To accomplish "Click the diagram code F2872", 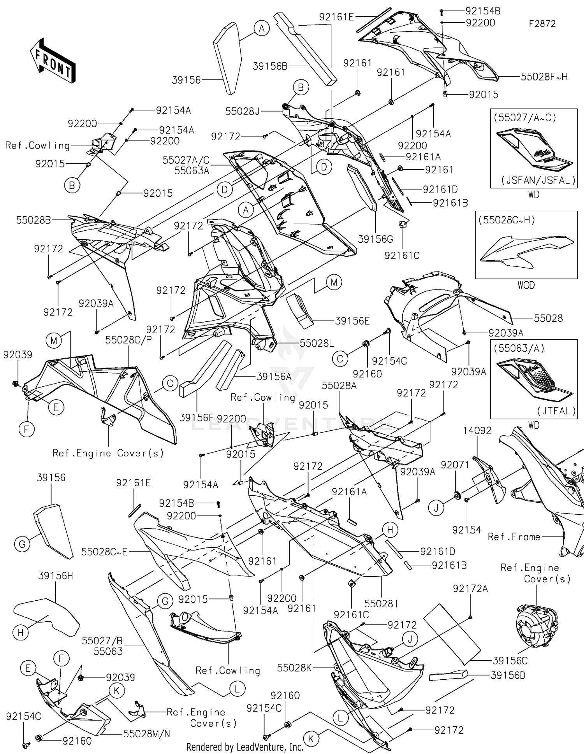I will (x=542, y=24).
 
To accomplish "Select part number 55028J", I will (x=242, y=112).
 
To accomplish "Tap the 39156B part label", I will (x=270, y=66).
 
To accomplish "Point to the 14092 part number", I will (x=477, y=431).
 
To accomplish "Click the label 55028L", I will (x=317, y=343).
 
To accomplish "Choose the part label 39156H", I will (x=56, y=576).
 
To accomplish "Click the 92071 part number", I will (x=455, y=465).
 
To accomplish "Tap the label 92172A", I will (x=470, y=589).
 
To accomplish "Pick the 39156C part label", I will (x=510, y=661).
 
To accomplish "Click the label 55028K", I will (x=294, y=668).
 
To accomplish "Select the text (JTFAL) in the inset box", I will (x=556, y=411).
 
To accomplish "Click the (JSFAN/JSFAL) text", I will (x=538, y=180).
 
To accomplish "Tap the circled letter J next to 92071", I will (x=436, y=508).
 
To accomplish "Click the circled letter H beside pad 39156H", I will (x=21, y=633).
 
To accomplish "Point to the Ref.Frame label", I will (x=514, y=537).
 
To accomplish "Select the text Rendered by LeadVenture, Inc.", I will (x=245, y=747).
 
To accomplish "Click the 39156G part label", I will (x=375, y=239).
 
